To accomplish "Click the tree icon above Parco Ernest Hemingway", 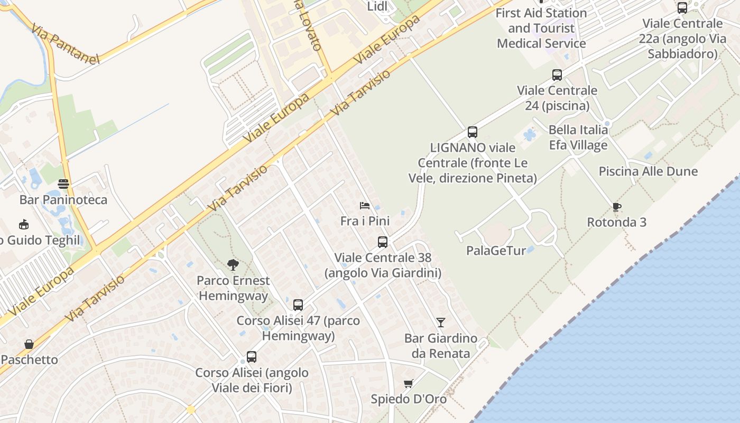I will [233, 265].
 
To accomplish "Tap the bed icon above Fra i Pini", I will [364, 206].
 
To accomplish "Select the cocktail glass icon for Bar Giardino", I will [441, 322].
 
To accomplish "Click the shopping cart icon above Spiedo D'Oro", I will [408, 383].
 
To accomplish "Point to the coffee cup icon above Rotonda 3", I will [616, 207].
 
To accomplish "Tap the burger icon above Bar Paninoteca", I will [63, 184].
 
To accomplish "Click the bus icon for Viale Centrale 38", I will [383, 242].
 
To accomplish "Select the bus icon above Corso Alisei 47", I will [298, 305].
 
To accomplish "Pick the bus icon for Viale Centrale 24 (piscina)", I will [557, 75].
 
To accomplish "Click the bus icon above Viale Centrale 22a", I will [682, 8].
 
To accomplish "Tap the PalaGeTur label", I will [496, 250].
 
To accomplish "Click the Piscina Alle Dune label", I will [648, 171].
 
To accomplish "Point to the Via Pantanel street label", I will [65, 44].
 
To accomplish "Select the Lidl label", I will [377, 6].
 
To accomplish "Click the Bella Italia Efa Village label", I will [578, 137].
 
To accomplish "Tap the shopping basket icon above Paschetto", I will [29, 344].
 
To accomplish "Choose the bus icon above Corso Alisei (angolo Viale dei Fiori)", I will [252, 357].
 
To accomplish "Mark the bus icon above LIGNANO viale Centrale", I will [473, 132].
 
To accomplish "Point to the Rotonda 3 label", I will [616, 222].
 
